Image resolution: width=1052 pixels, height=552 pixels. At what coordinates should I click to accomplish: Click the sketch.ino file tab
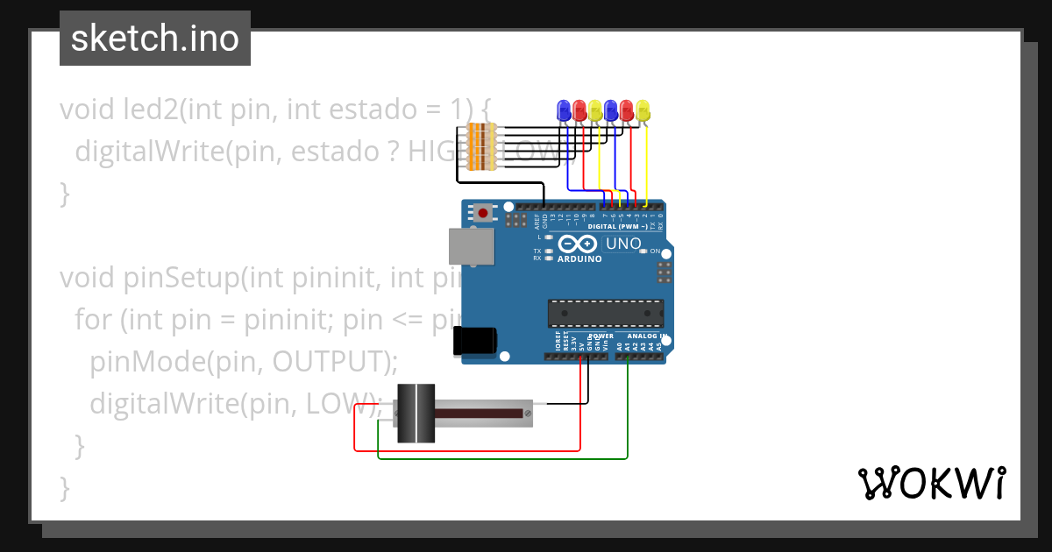tap(154, 39)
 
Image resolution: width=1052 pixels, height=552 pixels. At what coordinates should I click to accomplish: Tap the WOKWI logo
tap(931, 483)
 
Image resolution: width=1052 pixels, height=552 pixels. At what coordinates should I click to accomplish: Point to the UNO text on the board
tap(623, 243)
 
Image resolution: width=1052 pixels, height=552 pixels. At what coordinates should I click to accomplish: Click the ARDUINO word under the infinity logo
tap(579, 259)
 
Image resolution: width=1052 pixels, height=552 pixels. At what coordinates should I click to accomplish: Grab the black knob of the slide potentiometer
tap(416, 413)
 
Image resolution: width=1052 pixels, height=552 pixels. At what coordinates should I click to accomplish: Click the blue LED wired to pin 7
tap(564, 110)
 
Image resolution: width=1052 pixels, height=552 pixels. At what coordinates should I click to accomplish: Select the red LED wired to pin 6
tap(579, 110)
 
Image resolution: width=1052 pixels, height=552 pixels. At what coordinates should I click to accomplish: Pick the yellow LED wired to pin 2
tap(643, 110)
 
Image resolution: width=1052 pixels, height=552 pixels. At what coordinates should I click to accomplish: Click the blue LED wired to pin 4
tap(611, 110)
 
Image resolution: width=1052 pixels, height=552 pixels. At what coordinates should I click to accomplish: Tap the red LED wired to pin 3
tap(627, 110)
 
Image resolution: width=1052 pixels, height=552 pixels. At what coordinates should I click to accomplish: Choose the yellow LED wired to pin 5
tap(595, 110)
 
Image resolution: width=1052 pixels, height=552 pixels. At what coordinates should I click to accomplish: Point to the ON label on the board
tap(655, 251)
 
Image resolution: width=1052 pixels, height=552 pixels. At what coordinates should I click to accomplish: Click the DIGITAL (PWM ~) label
tap(617, 226)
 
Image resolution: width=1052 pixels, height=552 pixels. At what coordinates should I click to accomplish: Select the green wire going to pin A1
tap(628, 412)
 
